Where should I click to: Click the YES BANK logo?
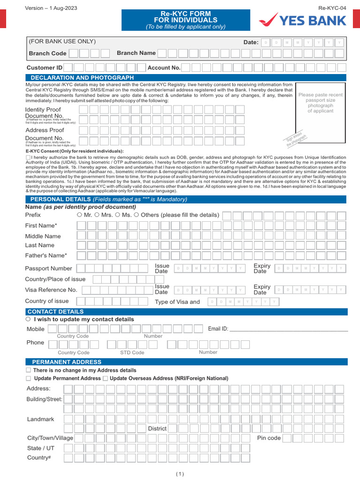[303, 21]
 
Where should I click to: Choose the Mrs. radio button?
[97, 215]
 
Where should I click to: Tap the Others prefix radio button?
[136, 215]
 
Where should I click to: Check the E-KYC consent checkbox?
[28, 157]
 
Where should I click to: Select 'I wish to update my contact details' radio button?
[28, 319]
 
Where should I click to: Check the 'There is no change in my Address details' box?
[29, 370]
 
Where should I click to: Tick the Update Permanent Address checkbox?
[29, 378]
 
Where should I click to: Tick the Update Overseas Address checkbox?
[105, 378]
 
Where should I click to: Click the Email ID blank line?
[288, 329]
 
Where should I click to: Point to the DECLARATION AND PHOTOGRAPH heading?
[82, 77]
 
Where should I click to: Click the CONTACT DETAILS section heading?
[56, 312]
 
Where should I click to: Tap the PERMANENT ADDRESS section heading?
[67, 362]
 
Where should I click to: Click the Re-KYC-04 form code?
[332, 8]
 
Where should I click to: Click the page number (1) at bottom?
[180, 474]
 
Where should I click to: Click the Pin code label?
[269, 438]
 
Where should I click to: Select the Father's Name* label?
[46, 255]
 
